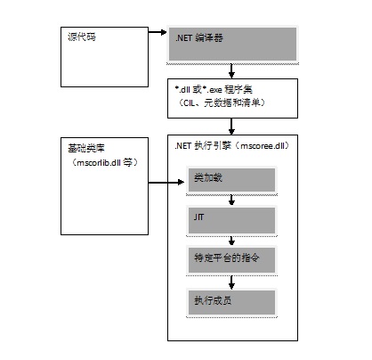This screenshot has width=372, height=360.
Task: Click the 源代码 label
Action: [82, 37]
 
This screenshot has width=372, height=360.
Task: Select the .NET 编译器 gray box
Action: [232, 44]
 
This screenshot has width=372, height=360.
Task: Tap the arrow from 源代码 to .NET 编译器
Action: [158, 32]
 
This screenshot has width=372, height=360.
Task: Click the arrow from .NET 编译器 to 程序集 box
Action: [231, 71]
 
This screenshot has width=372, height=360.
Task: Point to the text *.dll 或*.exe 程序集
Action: [214, 89]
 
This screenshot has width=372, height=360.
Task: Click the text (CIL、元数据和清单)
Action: [222, 102]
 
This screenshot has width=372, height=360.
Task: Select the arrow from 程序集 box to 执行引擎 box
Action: [231, 127]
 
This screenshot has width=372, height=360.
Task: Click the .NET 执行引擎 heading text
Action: [203, 146]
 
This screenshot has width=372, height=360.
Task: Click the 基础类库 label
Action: [86, 148]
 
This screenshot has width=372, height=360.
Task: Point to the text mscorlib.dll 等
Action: [104, 162]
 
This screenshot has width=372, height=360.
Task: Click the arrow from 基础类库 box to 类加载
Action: [166, 182]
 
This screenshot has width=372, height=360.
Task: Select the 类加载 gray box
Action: [231, 180]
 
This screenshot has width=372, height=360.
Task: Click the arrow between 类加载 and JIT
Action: [231, 200]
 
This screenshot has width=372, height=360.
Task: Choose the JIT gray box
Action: [231, 220]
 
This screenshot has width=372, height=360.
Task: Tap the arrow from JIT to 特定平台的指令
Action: [231, 241]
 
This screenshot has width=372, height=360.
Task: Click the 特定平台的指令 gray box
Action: [231, 260]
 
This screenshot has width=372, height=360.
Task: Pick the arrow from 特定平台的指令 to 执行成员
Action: [231, 282]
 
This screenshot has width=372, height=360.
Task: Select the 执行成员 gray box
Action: [231, 302]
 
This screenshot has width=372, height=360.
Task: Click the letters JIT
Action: [198, 217]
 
